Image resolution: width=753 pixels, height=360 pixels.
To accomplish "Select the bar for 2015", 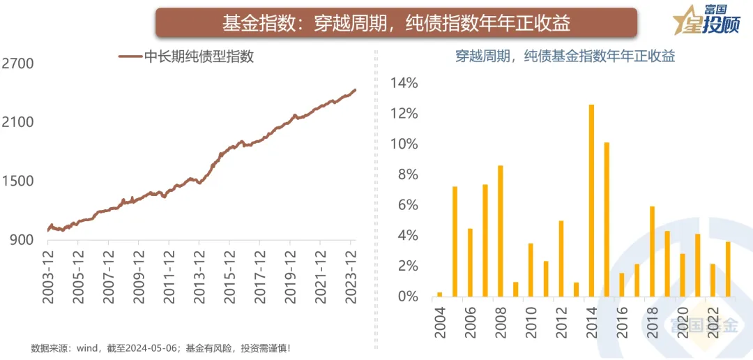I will [x=607, y=220].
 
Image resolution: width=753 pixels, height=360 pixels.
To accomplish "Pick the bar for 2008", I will [x=500, y=231].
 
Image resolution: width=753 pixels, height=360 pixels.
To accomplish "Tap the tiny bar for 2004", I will [x=439, y=294].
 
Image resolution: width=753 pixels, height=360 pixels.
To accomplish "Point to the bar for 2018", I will [x=652, y=251].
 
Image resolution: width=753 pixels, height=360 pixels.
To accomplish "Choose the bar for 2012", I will [x=561, y=258].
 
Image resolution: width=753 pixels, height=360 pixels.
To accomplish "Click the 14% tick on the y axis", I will [x=404, y=83].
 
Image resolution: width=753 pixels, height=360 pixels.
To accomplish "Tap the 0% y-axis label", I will [x=408, y=297].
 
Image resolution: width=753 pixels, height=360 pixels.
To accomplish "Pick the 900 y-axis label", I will [x=22, y=239].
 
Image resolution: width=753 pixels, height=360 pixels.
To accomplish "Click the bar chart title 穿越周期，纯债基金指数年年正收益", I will [x=565, y=57].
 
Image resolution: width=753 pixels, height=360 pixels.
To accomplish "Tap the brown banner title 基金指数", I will [x=396, y=23].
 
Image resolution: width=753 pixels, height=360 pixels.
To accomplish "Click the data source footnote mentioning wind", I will [x=160, y=347].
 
